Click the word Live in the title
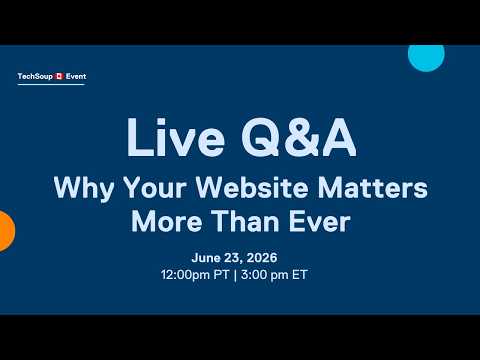pyautogui.click(x=176, y=137)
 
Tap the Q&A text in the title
pyautogui.click(x=299, y=137)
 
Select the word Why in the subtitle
pyautogui.click(x=84, y=188)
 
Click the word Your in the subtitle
pyautogui.click(x=154, y=188)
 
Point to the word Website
pyautogui.click(x=252, y=187)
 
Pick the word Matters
pyautogui.click(x=373, y=188)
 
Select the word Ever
pyautogui.click(x=319, y=221)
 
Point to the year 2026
pyautogui.click(x=263, y=258)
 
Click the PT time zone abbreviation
pyautogui.click(x=221, y=275)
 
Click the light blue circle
pyautogui.click(x=426, y=58)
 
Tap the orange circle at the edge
pyautogui.click(x=7, y=231)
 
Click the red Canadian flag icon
pyautogui.click(x=59, y=76)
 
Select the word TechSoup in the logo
pyautogui.click(x=35, y=77)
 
